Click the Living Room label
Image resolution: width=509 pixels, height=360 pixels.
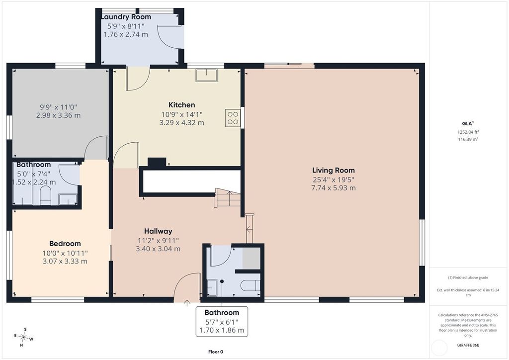334,170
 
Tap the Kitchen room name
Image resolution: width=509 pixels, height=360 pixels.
182,105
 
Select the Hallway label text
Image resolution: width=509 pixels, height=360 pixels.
158,231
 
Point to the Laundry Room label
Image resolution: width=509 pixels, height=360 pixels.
126,17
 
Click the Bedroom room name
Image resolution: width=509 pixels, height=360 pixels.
65,244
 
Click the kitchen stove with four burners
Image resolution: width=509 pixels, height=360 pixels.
233,118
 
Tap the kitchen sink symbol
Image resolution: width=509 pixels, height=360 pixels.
206,75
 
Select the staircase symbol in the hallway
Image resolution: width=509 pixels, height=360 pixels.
227,198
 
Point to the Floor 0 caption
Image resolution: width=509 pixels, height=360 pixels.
216,352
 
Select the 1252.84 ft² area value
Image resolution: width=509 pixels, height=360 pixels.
468,132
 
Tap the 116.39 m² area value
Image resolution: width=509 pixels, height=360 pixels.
468,139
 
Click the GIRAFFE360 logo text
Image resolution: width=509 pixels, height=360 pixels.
468,345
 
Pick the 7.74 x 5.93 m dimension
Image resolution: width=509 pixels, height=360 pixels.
334,188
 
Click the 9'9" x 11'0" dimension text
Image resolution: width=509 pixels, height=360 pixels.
59,107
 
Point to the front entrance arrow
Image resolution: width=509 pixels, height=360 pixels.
187,303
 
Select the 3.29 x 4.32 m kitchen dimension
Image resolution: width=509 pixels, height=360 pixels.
182,123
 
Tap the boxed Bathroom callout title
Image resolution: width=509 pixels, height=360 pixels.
222,313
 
